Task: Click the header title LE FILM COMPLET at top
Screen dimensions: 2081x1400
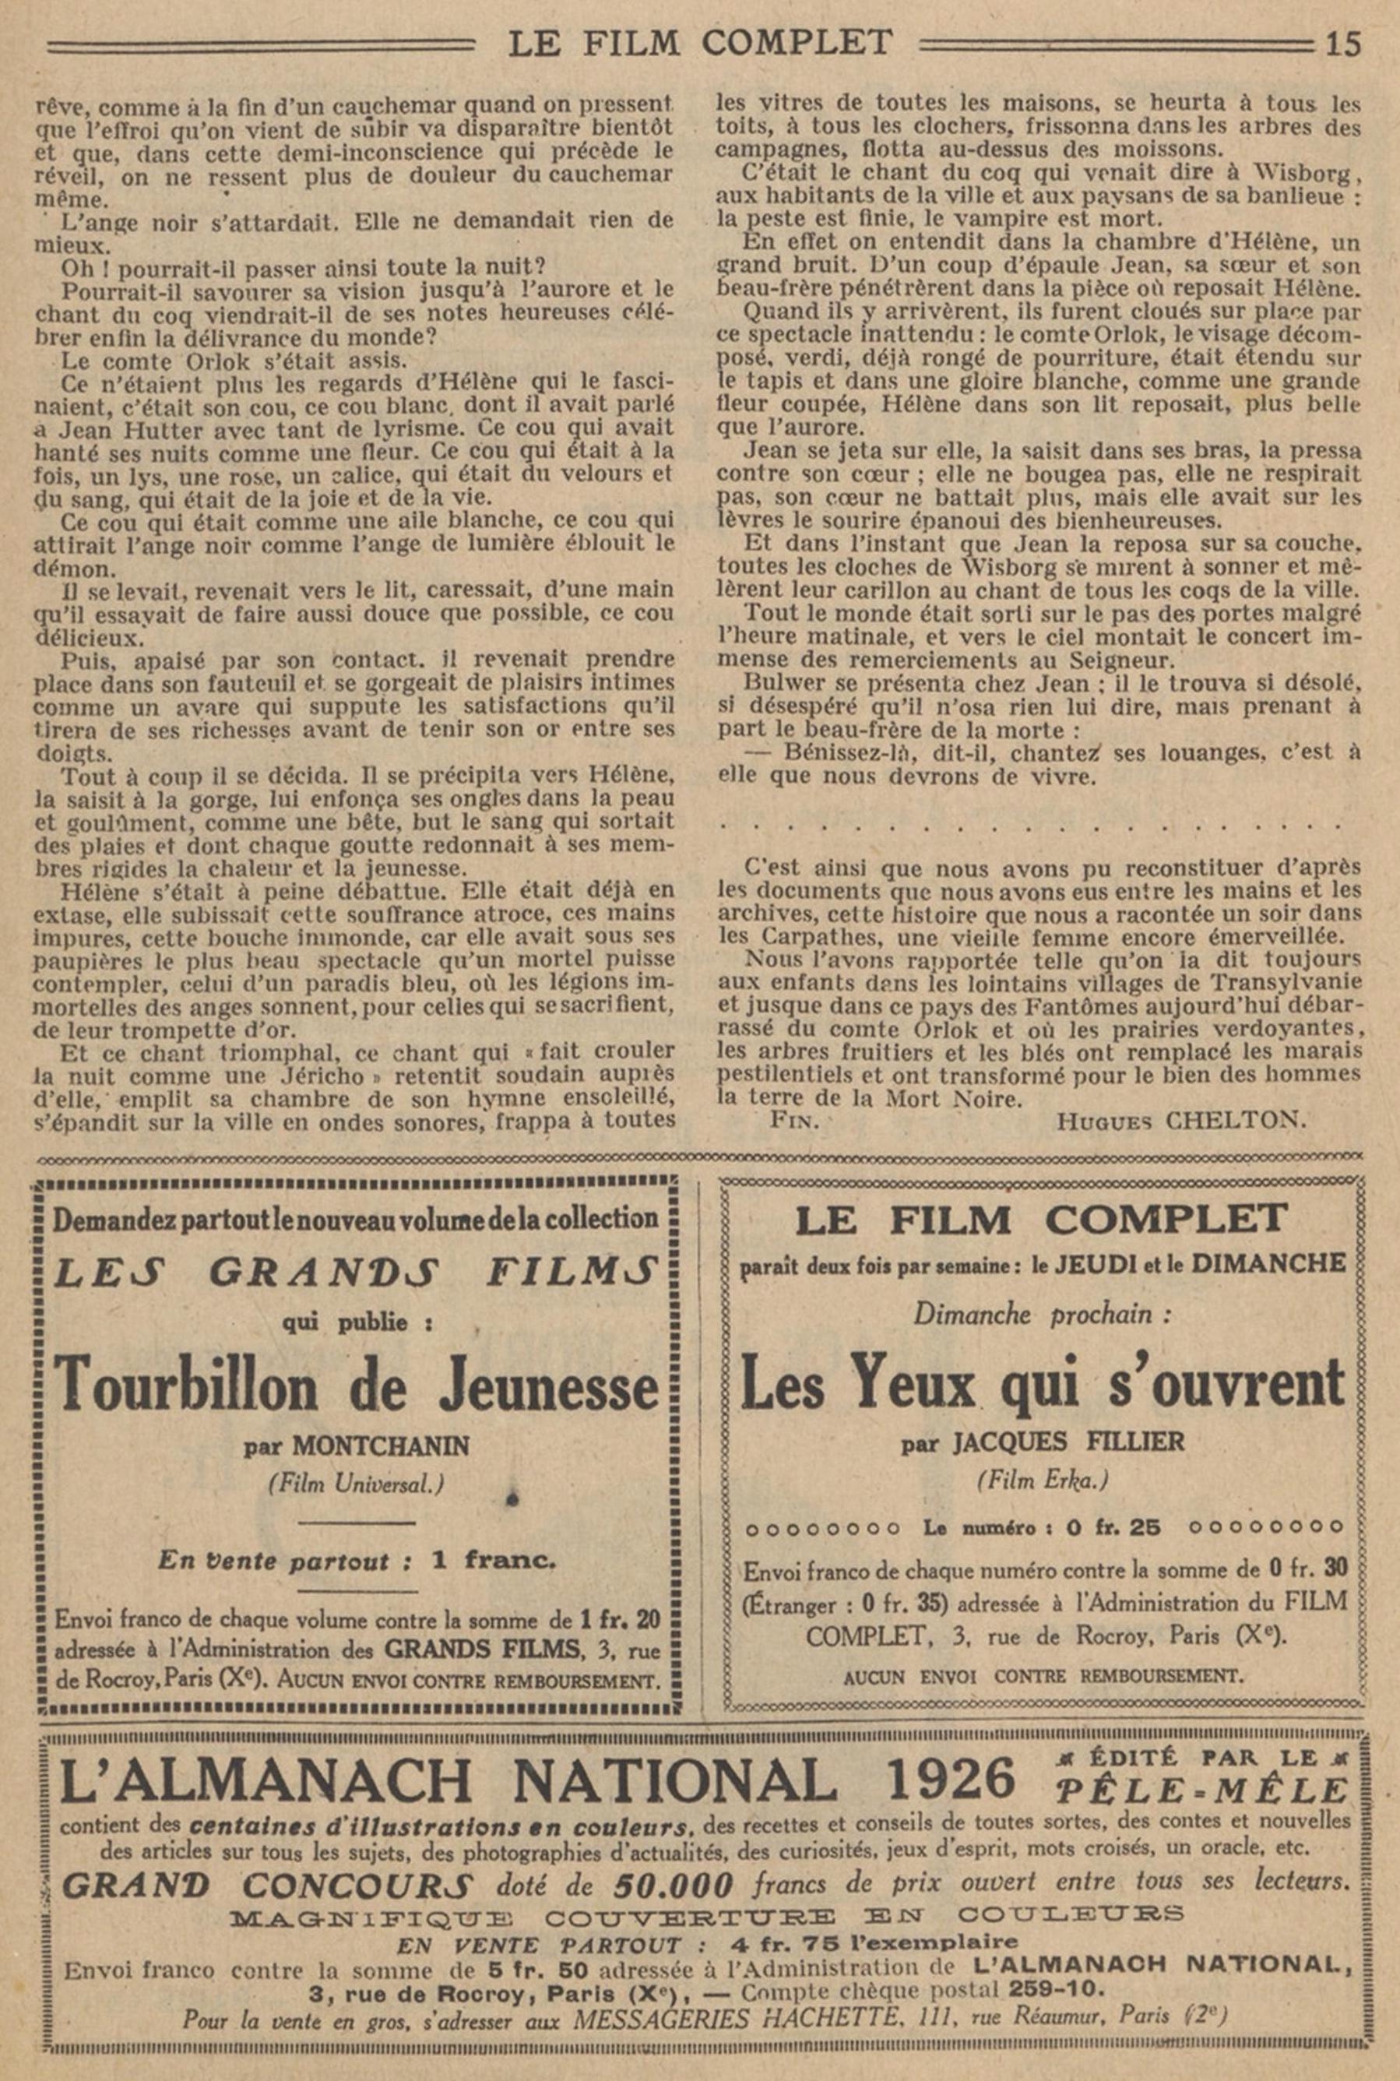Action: point(700,43)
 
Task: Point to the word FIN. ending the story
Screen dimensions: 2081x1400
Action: point(793,1121)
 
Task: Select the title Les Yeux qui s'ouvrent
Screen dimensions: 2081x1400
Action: point(1042,1383)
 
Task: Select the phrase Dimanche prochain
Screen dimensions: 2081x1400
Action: point(1041,1313)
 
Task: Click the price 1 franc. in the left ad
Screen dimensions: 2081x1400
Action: point(493,1560)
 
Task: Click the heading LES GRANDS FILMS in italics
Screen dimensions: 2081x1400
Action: point(357,1272)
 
